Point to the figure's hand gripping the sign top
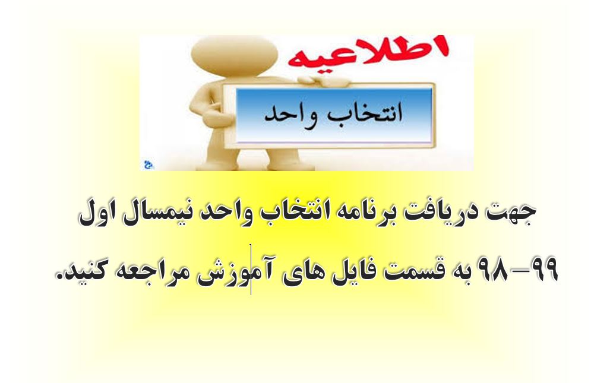coord(324,82)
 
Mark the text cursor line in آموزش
coord(251,269)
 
